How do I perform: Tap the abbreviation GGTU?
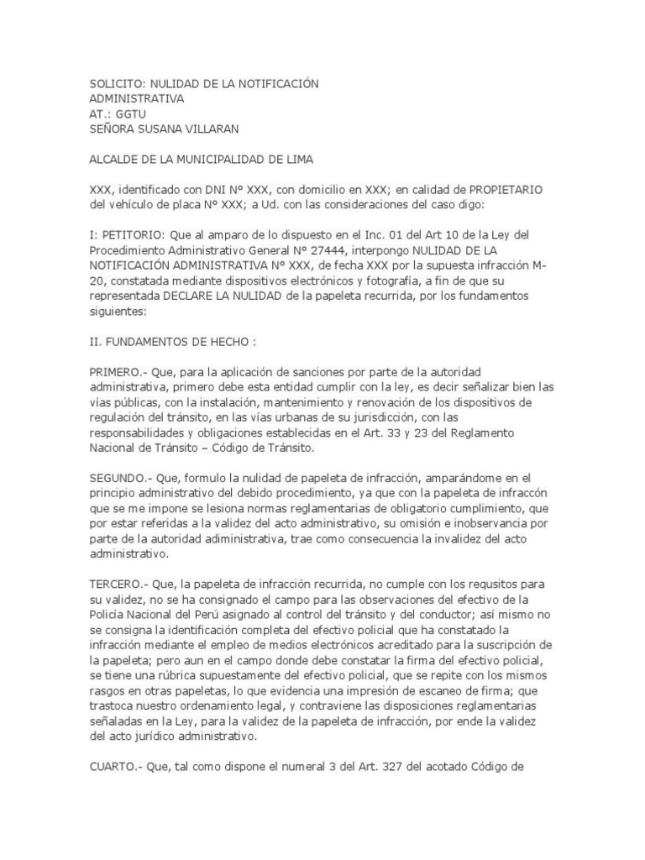[133, 113]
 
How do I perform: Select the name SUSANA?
[167, 128]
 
